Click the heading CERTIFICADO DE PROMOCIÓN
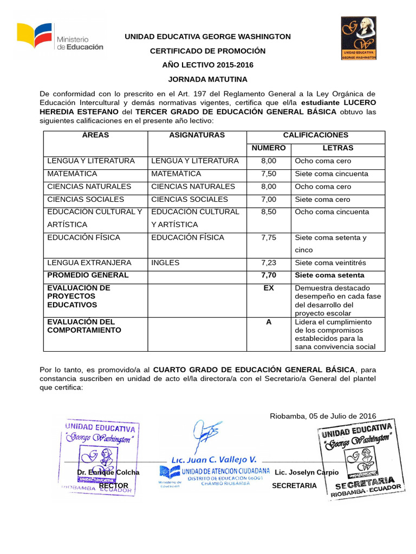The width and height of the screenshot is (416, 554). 208,51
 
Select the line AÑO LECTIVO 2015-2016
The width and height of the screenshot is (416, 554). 208,65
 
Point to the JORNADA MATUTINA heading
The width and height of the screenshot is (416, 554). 208,78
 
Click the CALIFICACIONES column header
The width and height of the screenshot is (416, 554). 316,135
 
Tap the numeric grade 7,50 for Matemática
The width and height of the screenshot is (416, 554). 268,174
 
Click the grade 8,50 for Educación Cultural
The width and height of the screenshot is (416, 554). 268,212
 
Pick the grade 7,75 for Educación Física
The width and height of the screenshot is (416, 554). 268,238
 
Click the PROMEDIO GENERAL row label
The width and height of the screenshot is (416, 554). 88,275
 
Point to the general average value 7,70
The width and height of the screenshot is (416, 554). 268,275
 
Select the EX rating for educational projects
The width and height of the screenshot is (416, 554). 268,288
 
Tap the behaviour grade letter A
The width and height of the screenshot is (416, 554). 268,322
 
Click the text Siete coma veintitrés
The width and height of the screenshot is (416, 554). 330,263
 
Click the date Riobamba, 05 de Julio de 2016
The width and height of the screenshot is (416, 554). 323,415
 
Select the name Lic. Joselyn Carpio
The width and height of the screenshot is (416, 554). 307,472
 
